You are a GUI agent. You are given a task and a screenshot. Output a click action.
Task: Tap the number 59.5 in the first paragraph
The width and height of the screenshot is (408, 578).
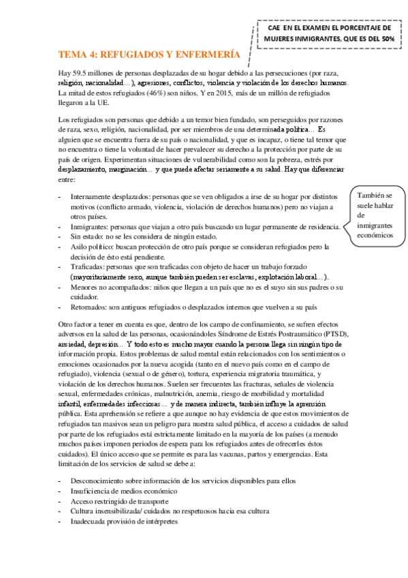(82, 73)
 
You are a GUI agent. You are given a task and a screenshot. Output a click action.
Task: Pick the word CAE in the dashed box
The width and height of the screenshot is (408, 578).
(275, 29)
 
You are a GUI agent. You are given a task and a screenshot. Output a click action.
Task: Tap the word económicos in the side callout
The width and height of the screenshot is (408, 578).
(375, 235)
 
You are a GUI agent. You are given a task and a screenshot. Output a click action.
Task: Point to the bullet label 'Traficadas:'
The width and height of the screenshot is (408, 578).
(89, 267)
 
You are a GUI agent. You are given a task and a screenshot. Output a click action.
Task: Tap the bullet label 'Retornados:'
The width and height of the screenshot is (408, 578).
(91, 307)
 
